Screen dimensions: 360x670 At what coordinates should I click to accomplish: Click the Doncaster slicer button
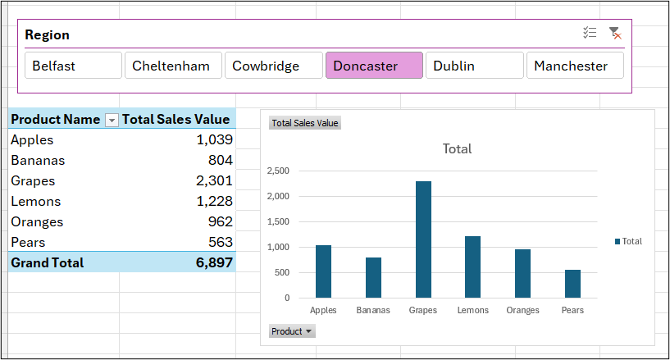(374, 66)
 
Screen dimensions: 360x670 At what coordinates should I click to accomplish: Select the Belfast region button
(73, 66)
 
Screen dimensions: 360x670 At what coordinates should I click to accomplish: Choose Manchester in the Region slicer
(575, 66)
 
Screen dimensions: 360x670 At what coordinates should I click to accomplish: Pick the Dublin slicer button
(474, 66)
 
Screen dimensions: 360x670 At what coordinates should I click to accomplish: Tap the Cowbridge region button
(273, 66)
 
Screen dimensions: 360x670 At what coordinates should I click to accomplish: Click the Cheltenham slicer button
(173, 66)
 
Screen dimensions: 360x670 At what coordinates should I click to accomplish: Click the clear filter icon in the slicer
(614, 34)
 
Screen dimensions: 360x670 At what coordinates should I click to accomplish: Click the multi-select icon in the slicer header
(590, 34)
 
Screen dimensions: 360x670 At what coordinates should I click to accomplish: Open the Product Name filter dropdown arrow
(112, 120)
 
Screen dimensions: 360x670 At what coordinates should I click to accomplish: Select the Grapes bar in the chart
(423, 239)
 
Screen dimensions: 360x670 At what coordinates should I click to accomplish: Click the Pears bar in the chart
(572, 284)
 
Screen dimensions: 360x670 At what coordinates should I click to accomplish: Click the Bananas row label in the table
(38, 160)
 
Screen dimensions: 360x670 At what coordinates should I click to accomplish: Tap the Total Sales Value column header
(176, 120)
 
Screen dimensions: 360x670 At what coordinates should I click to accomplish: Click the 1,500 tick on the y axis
(279, 221)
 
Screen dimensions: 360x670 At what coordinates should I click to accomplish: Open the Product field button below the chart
(292, 331)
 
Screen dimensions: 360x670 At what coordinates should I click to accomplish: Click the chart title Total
(457, 149)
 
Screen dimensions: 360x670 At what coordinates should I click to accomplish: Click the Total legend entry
(628, 241)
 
